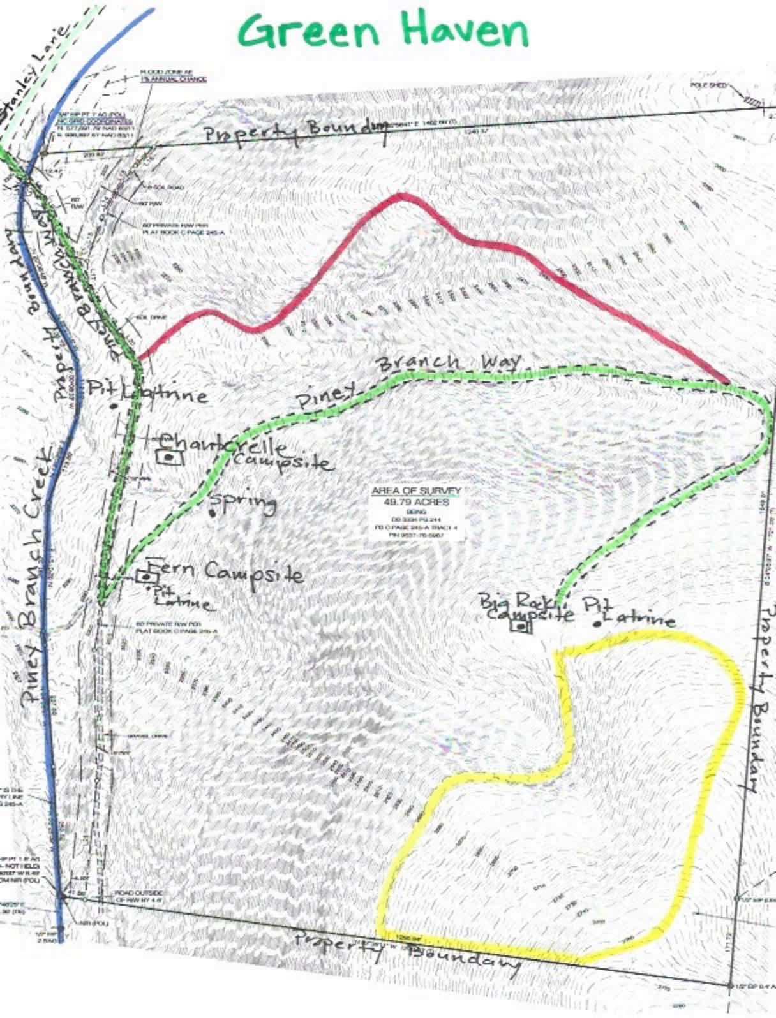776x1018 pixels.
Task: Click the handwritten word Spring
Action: pyautogui.click(x=244, y=503)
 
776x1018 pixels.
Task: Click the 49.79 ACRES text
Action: pyautogui.click(x=415, y=502)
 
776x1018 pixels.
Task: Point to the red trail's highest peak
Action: pyautogui.click(x=400, y=195)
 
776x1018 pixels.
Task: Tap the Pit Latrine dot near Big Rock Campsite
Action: pyautogui.click(x=597, y=623)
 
